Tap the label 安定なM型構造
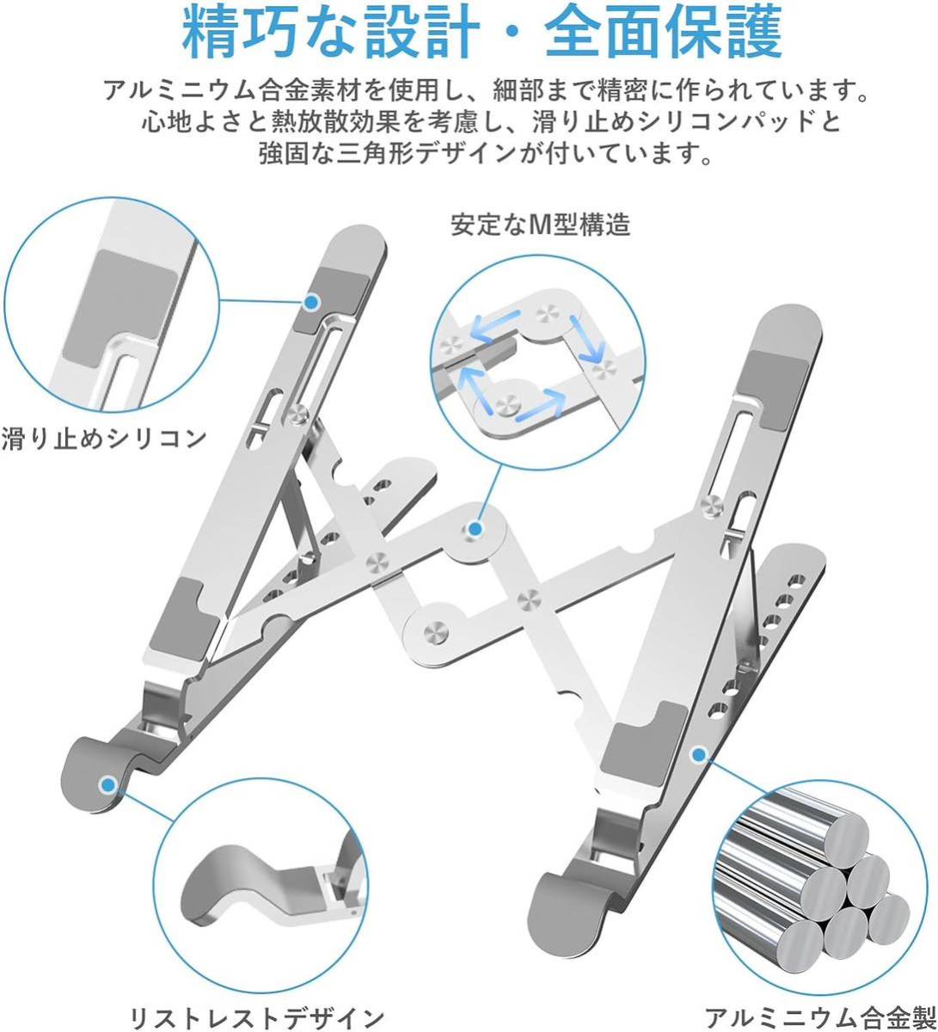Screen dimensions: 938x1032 click(x=541, y=225)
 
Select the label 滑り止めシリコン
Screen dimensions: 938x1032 click(x=104, y=437)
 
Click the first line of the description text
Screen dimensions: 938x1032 click(x=481, y=90)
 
